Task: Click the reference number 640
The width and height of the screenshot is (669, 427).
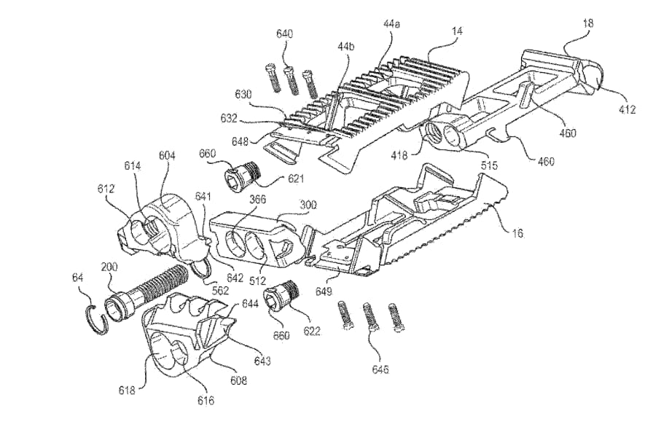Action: (285, 34)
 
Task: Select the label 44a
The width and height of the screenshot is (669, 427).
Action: (391, 24)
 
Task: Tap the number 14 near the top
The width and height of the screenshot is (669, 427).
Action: (457, 31)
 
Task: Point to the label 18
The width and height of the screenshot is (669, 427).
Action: (588, 23)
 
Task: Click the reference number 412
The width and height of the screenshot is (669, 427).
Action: (627, 109)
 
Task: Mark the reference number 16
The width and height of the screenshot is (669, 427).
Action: (517, 233)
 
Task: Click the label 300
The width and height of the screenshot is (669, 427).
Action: (308, 205)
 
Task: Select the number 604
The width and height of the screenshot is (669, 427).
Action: (167, 156)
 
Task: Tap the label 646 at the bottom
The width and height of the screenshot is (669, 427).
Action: (380, 370)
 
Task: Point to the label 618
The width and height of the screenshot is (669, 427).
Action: (127, 390)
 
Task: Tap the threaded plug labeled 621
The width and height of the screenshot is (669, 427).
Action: (241, 173)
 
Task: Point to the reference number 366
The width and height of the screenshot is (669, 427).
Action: (258, 199)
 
